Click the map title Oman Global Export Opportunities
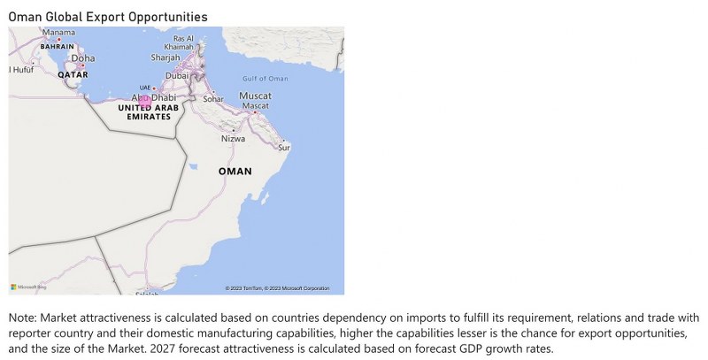[x=108, y=17]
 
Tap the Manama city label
[x=58, y=33]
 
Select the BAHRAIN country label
[x=57, y=46]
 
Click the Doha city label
[x=83, y=59]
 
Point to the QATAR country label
[x=73, y=75]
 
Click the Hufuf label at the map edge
[x=20, y=69]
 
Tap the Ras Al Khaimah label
[x=184, y=42]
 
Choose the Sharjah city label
[x=165, y=57]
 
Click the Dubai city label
[x=177, y=76]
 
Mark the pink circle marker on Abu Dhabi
[x=144, y=101]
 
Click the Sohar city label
[x=213, y=99]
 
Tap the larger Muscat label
[x=256, y=95]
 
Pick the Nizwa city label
[x=233, y=139]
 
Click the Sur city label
[x=283, y=147]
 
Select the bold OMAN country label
[x=235, y=171]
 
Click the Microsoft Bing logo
[x=28, y=287]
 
